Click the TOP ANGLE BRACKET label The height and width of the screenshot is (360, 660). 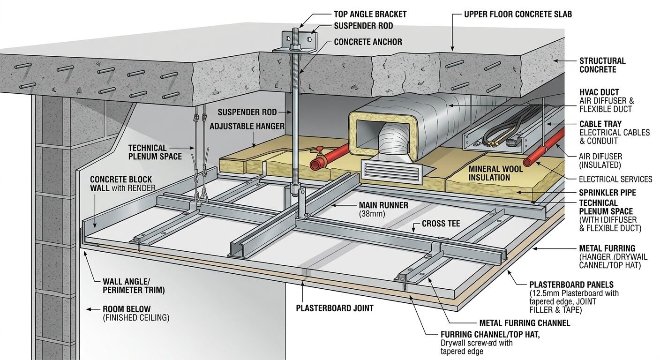pyautogui.click(x=370, y=14)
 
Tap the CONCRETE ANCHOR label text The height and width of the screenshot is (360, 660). pyautogui.click(x=368, y=42)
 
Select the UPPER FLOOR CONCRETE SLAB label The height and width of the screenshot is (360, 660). pyautogui.click(x=517, y=14)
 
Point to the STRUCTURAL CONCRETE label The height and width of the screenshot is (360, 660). pyautogui.click(x=602, y=65)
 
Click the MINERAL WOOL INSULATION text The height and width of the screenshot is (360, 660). pyautogui.click(x=495, y=173)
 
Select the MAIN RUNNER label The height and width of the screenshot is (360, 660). pyautogui.click(x=383, y=205)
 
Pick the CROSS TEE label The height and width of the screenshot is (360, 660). pyautogui.click(x=441, y=224)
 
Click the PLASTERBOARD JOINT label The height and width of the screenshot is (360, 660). pyautogui.click(x=334, y=308)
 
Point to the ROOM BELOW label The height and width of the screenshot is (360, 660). pyautogui.click(x=127, y=309)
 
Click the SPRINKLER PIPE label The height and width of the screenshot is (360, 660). pyautogui.click(x=607, y=193)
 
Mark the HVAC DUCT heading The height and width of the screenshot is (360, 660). pyautogui.click(x=599, y=92)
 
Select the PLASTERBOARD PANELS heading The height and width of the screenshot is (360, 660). pyautogui.click(x=571, y=285)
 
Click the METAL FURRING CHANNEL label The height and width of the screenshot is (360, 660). pyautogui.click(x=525, y=323)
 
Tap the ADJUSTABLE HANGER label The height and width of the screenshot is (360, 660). pyautogui.click(x=247, y=126)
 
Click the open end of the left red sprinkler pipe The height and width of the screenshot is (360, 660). pyautogui.click(x=314, y=165)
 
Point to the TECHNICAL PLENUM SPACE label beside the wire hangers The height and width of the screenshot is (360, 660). pyautogui.click(x=155, y=152)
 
